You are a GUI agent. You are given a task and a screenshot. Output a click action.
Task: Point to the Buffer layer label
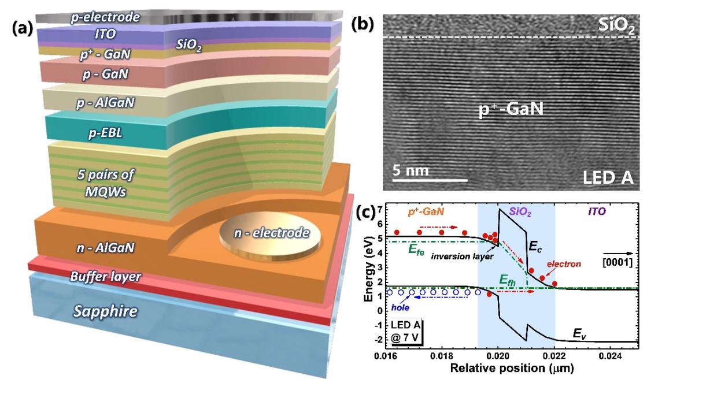105,277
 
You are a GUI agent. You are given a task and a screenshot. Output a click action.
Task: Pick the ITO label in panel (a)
105,35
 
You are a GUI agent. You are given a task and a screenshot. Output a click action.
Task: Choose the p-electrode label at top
105,17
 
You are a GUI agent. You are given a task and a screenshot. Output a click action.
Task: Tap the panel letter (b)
363,24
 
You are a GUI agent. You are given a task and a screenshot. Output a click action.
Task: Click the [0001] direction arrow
620,253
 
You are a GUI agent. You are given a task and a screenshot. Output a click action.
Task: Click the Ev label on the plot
580,333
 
